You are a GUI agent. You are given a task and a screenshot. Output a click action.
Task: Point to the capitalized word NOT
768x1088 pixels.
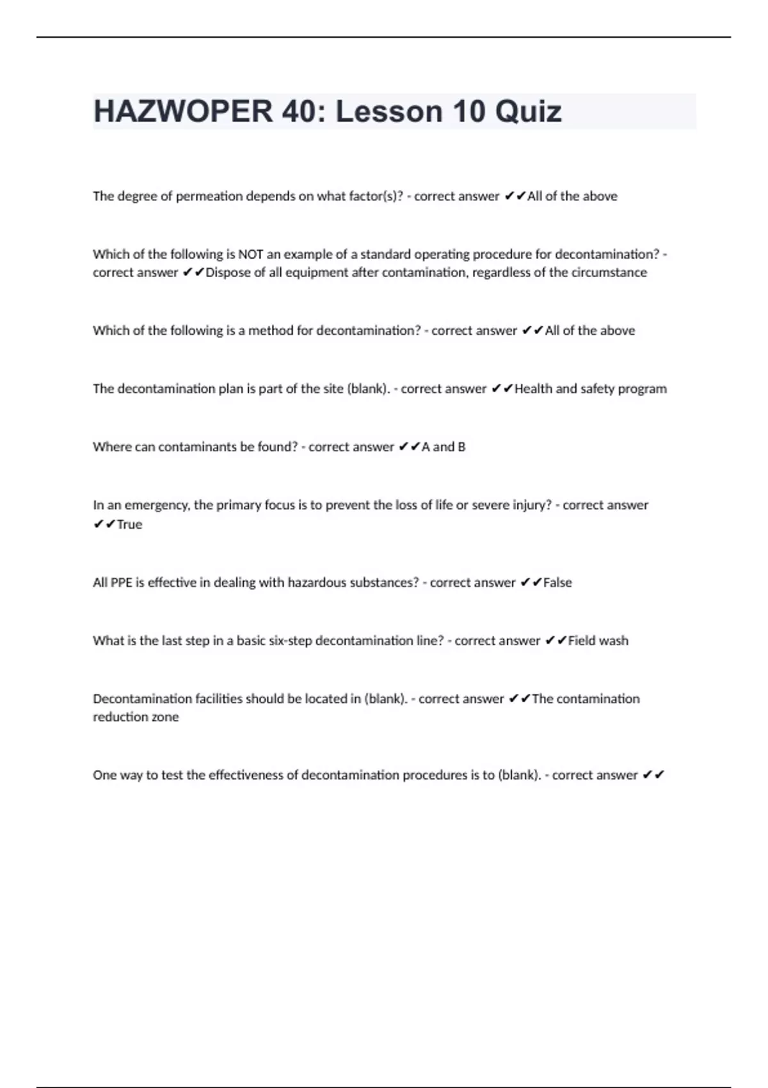[x=250, y=254]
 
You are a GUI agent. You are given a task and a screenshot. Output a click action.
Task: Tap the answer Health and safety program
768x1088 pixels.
[x=590, y=388]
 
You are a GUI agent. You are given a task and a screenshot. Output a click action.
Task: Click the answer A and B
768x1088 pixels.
[x=443, y=447]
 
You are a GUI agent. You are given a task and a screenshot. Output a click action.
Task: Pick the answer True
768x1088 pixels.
[x=129, y=524]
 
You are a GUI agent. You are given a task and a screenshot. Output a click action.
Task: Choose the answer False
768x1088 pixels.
[x=557, y=582]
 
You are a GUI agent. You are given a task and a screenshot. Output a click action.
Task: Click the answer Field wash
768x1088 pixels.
[x=598, y=641]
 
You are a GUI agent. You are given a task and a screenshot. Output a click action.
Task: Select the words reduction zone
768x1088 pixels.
[x=136, y=717]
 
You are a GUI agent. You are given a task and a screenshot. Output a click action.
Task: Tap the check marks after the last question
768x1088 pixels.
[x=653, y=775]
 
